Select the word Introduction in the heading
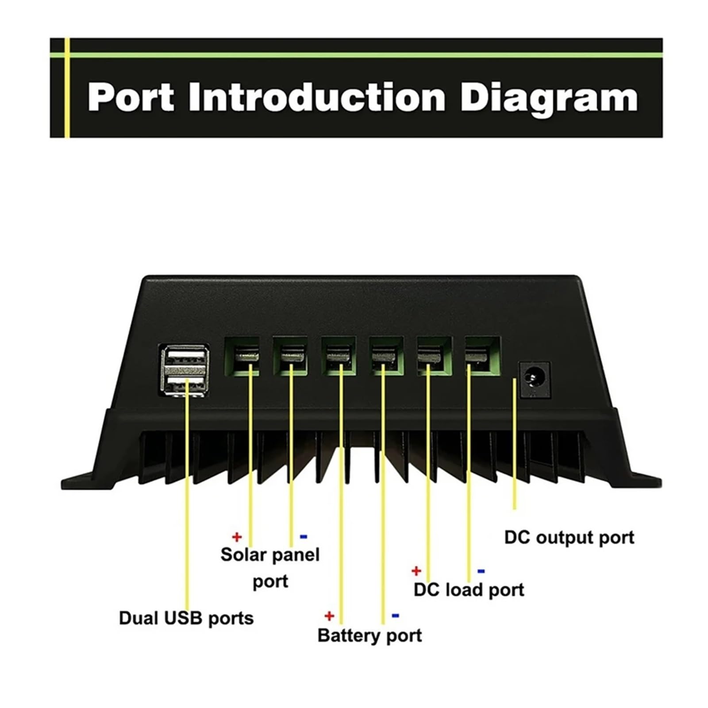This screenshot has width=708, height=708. [316, 97]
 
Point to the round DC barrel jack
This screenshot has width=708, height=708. [534, 379]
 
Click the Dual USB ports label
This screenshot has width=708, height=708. [186, 618]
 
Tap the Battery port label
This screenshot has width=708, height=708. [369, 636]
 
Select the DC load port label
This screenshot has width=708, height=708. [469, 590]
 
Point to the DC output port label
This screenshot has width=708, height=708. [569, 538]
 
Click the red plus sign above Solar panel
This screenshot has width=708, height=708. [237, 537]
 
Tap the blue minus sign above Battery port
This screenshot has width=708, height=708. [396, 616]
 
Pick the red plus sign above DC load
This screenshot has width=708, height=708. [416, 571]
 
